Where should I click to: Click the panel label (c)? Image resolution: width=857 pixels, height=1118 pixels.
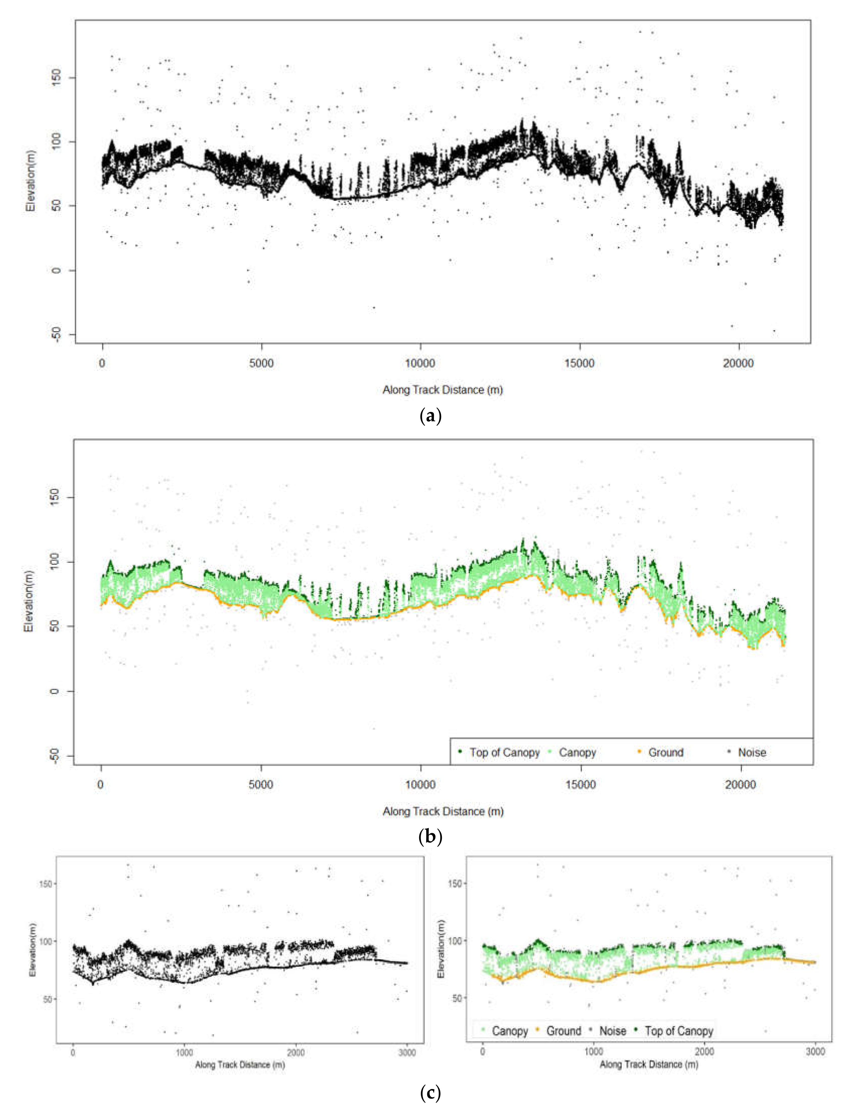430,1093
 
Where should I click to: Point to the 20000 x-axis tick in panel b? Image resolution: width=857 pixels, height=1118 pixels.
740,785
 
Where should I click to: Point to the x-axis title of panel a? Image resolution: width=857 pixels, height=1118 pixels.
442,390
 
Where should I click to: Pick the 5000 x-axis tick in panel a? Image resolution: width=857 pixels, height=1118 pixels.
261,364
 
